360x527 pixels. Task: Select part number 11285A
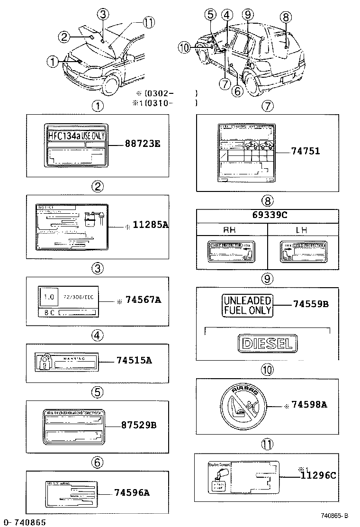pos(149,226)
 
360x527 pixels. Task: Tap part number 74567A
pos(143,300)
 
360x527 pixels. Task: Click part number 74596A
pos(132,493)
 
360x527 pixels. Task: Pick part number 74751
pos(306,152)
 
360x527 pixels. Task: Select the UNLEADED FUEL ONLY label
pos(247,306)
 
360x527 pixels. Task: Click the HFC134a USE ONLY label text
pos(76,136)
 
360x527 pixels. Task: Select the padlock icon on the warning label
pos(43,363)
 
